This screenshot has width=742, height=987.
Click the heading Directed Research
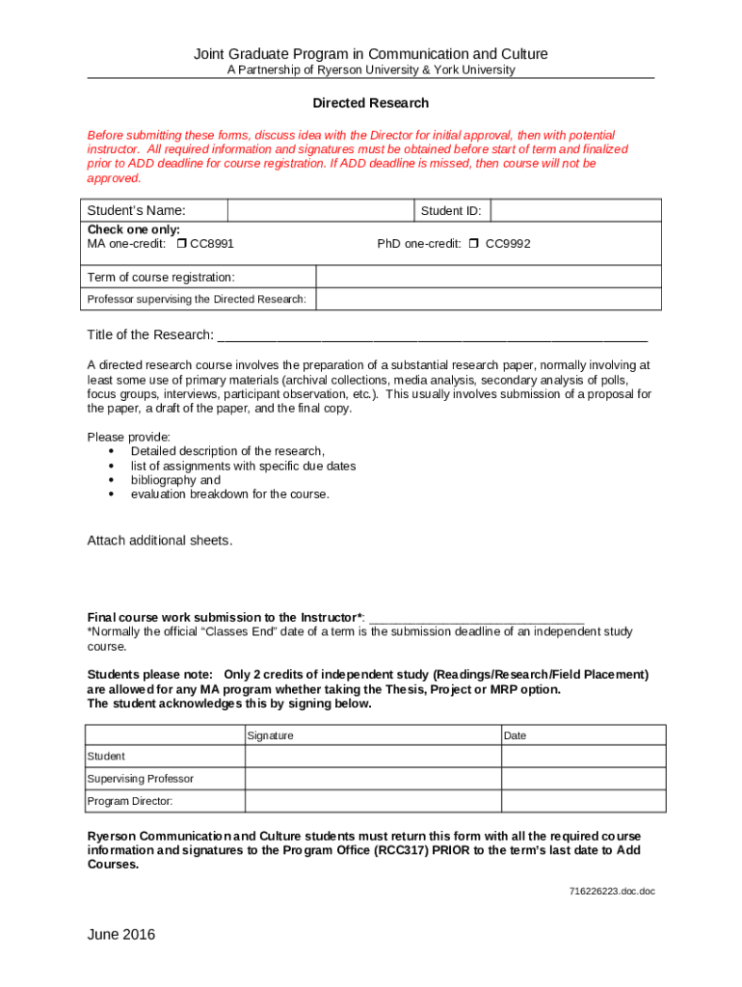(370, 103)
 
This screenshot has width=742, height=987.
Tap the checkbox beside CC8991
(181, 244)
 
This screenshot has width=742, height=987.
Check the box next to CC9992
(473, 244)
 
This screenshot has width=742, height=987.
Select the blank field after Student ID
(576, 211)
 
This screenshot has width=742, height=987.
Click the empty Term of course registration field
(489, 277)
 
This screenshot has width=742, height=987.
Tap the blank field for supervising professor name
(489, 299)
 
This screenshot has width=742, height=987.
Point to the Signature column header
(271, 735)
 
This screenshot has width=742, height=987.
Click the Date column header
(515, 735)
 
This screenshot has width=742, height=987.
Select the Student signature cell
(372, 757)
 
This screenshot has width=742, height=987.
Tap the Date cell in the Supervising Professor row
(581, 779)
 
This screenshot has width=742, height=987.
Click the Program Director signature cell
(372, 801)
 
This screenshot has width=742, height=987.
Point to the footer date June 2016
(120, 935)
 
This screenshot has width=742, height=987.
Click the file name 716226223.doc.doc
(611, 892)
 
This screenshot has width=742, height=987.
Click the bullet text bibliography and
(175, 480)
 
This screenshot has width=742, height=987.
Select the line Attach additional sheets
(160, 541)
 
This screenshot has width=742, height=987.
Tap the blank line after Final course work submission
(477, 619)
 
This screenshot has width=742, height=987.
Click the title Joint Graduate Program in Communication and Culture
(370, 54)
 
